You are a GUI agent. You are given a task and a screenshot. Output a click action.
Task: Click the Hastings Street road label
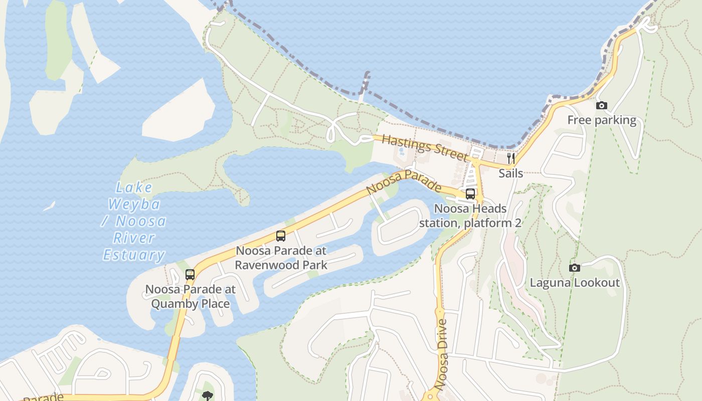[x=424, y=147]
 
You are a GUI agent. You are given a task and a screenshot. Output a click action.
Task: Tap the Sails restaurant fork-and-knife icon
[x=511, y=158]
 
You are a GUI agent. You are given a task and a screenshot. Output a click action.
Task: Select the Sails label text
[x=511, y=173]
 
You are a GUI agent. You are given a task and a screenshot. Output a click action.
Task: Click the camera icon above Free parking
[x=602, y=105]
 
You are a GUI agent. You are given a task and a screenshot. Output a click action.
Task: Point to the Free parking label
[x=602, y=120]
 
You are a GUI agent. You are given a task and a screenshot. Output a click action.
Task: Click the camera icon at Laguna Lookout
[x=575, y=268]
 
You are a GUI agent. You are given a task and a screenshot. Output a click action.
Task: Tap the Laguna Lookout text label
[x=575, y=283]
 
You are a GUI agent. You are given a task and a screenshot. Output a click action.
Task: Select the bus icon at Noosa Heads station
[x=470, y=194]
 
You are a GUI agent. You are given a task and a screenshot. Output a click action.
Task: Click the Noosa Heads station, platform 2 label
[x=470, y=216]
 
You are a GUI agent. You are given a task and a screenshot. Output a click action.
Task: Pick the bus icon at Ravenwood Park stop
[x=281, y=236]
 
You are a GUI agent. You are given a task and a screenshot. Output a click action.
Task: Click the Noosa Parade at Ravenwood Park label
[x=281, y=258]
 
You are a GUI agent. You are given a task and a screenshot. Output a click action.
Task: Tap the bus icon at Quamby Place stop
[x=190, y=274]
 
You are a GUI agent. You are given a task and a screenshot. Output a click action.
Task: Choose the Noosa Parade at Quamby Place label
[x=190, y=297]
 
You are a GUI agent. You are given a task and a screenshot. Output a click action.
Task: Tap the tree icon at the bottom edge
[x=207, y=396]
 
